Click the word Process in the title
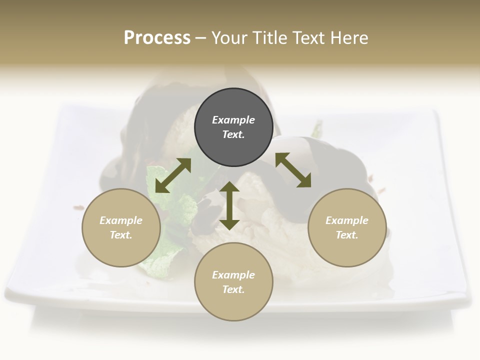[x=157, y=38]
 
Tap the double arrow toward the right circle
[x=293, y=170]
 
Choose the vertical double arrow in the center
[x=229, y=206]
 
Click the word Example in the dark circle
[x=233, y=120]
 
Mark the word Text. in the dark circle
[x=233, y=134]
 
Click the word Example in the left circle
[x=121, y=220]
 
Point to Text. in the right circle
[x=347, y=235]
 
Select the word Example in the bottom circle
[x=233, y=275]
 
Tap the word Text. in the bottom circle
[x=233, y=289]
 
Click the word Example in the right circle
[x=347, y=220]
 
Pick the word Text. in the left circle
[x=121, y=235]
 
